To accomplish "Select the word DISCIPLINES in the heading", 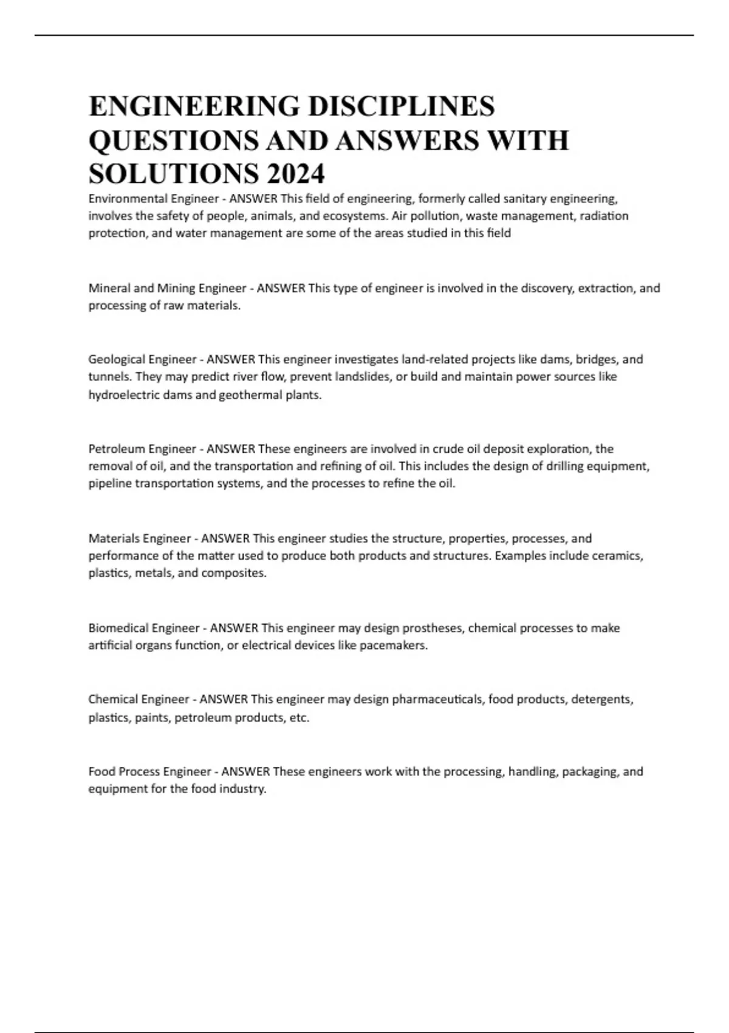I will (401, 106).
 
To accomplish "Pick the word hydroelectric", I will (124, 395).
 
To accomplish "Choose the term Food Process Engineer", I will (149, 772).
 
